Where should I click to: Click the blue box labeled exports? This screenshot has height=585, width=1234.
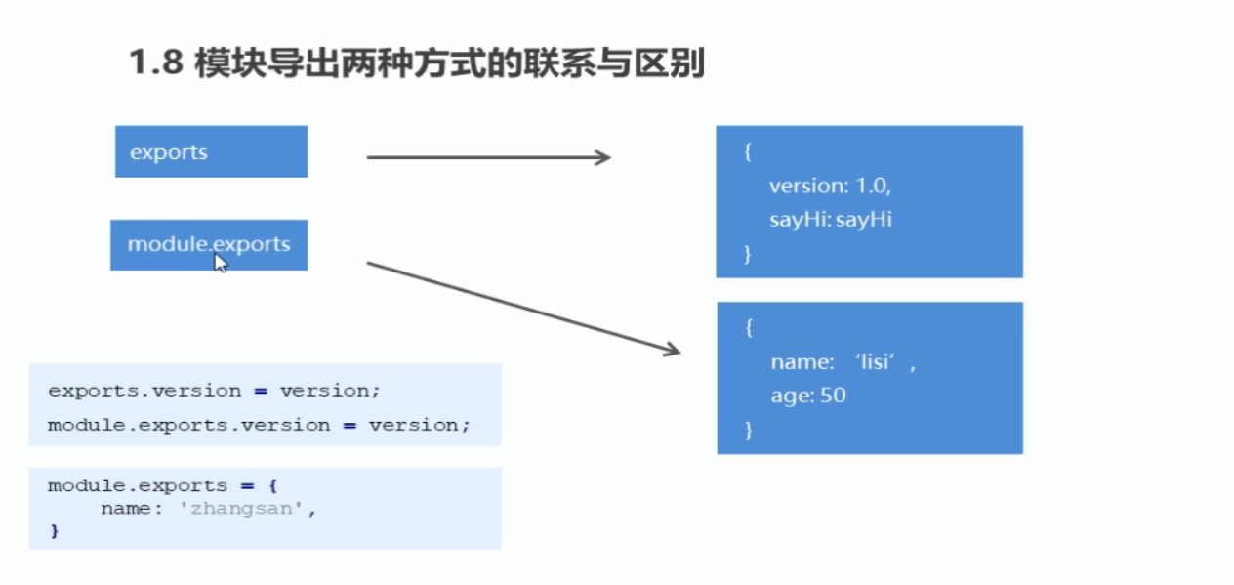pos(211,151)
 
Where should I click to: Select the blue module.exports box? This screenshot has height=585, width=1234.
pos(209,244)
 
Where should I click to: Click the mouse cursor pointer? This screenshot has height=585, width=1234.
pos(221,262)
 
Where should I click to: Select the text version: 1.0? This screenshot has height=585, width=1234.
pos(830,186)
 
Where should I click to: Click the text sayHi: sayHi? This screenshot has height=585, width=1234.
pos(830,219)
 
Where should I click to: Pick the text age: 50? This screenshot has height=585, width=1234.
pos(807,396)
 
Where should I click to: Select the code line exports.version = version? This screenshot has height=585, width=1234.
pos(214,391)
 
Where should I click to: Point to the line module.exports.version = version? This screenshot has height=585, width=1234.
pos(259,425)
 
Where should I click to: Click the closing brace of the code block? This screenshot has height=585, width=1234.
pos(55,532)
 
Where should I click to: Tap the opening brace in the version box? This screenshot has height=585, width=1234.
pos(748,152)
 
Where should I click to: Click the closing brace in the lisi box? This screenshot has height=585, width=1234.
pos(749,430)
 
